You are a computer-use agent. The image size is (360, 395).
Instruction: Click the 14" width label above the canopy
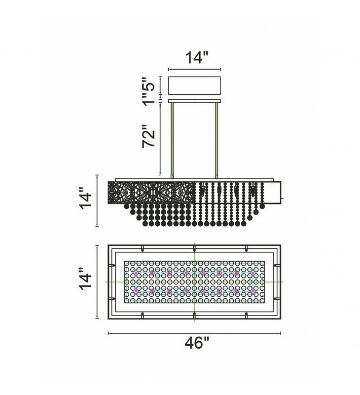coord(197,58)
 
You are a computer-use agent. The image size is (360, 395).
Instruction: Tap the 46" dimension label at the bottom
coord(197,343)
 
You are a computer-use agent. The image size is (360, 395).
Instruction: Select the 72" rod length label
coord(148,138)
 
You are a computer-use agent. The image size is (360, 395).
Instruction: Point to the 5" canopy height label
coord(148,84)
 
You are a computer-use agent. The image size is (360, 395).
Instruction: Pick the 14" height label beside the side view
coord(86,201)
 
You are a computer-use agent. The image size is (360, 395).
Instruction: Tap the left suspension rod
coord(172,141)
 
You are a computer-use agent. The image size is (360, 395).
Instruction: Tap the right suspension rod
coord(216,141)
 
